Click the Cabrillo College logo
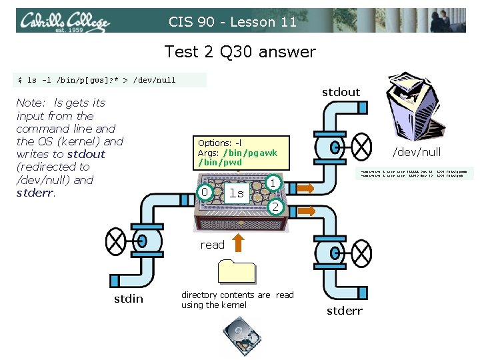tap(64, 21)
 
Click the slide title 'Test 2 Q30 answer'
tap(240, 51)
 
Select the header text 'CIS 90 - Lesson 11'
tap(232, 22)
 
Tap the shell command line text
tap(97, 80)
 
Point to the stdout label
tap(341, 92)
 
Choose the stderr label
tap(344, 311)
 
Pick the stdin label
tap(128, 299)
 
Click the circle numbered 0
tap(205, 193)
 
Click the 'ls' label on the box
tap(236, 193)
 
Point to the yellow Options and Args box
tap(243, 153)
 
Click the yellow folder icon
tap(236, 271)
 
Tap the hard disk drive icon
tap(239, 333)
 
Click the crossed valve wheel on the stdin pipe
tap(116, 239)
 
